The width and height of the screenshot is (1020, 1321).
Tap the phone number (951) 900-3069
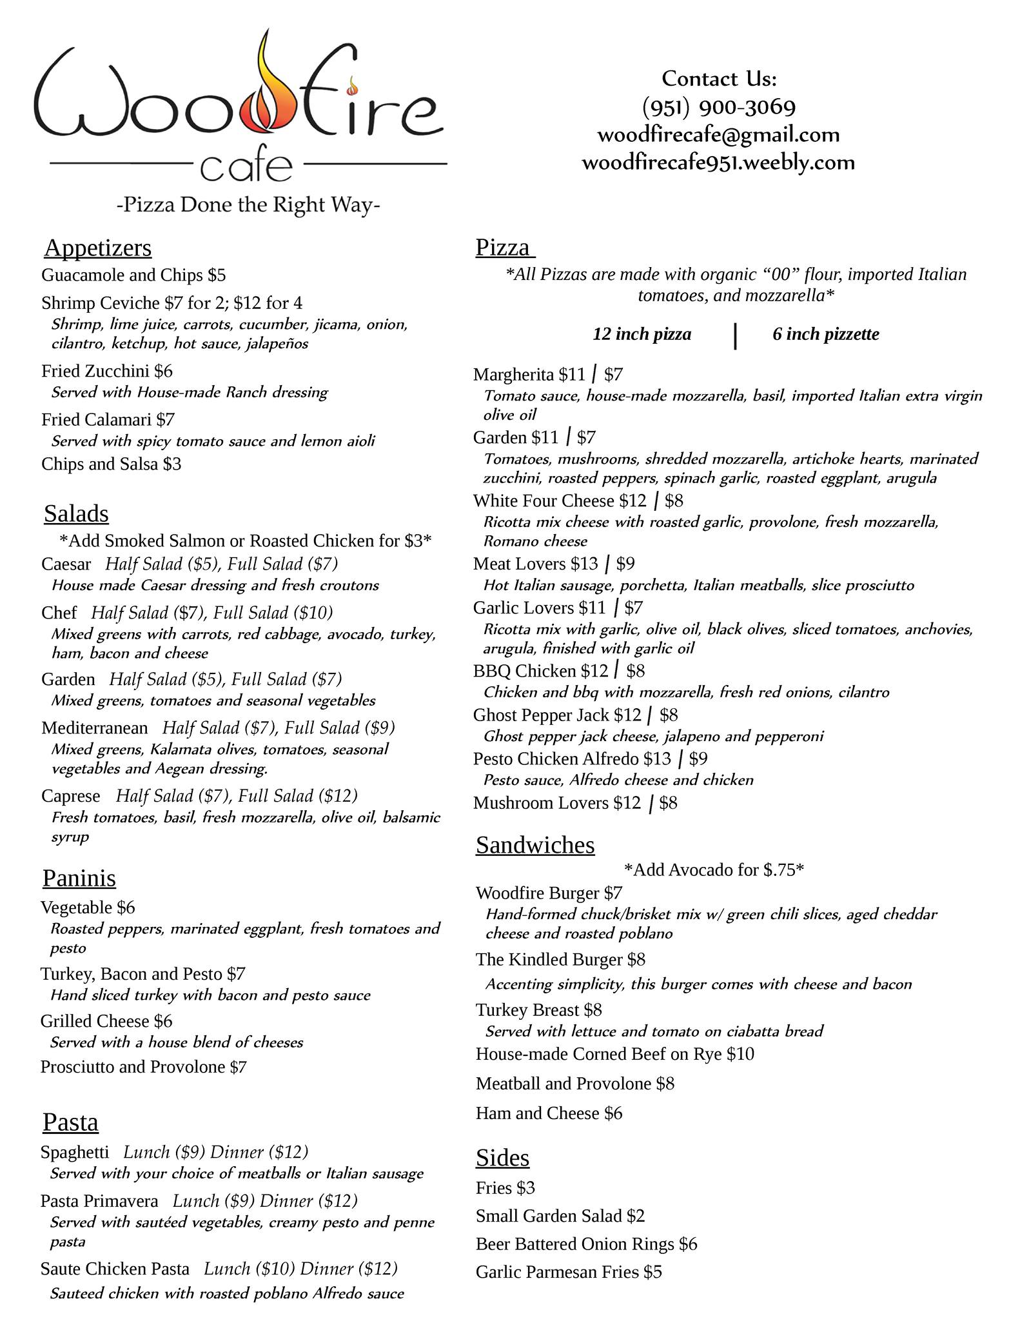click(x=719, y=106)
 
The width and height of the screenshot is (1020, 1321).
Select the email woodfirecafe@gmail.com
click(x=718, y=135)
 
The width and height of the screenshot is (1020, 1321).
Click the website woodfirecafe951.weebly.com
click(x=718, y=163)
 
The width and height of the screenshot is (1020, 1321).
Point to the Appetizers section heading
click(x=98, y=248)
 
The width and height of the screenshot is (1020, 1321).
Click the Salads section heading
click(x=76, y=513)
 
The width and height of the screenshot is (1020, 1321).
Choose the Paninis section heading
click(x=79, y=878)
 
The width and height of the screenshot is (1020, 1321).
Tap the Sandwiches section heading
click(x=535, y=845)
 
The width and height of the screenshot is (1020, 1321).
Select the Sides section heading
click(x=502, y=1158)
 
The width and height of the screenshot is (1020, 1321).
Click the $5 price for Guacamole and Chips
click(x=217, y=275)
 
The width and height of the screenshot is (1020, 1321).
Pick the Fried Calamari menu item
click(x=108, y=420)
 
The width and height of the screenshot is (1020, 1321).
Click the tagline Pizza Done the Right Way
click(x=248, y=205)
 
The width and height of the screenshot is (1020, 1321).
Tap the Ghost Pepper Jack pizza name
click(x=541, y=715)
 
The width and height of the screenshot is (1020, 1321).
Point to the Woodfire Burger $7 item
click(x=549, y=893)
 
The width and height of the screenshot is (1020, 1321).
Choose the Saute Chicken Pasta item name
click(x=115, y=1269)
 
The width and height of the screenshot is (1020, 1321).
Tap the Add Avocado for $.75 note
click(x=714, y=870)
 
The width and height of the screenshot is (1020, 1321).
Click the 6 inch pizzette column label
click(x=825, y=334)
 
